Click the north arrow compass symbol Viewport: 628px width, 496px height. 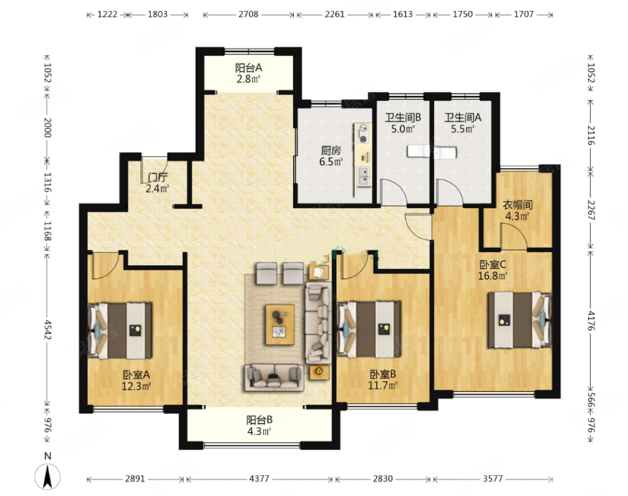47,476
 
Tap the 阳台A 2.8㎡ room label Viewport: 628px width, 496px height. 248,73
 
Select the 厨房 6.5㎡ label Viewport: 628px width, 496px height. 331,156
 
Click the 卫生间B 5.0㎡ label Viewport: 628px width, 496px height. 403,123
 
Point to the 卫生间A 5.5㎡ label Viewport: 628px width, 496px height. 462,123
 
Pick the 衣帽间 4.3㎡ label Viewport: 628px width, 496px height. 518,211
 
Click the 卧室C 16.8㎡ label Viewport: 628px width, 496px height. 492,270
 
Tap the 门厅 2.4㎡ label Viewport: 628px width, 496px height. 158,183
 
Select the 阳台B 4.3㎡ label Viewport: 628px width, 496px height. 259,425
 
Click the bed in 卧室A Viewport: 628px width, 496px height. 120,331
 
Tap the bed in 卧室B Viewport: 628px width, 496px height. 369,330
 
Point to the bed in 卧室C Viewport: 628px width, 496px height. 519,320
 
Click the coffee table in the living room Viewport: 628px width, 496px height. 280,325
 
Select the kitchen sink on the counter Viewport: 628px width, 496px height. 363,177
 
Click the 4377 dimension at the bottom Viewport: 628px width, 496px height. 259,479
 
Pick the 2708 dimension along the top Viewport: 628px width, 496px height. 248,15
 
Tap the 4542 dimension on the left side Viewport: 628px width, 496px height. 47,329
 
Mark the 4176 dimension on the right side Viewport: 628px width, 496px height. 591,321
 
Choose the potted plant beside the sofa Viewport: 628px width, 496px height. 319,371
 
